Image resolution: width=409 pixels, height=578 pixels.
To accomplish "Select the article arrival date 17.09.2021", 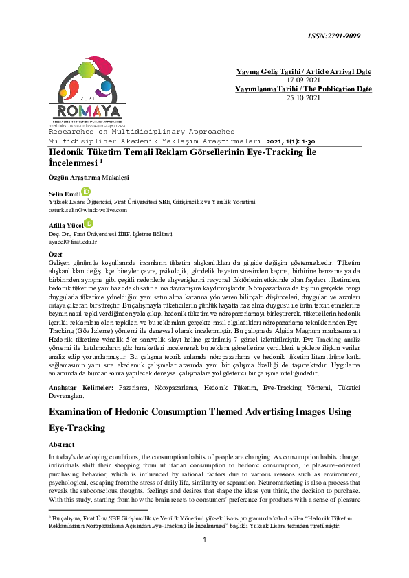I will [x=304, y=80].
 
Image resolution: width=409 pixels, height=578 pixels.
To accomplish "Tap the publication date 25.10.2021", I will [x=303, y=97].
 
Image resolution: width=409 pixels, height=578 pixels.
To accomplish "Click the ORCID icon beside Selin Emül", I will [x=87, y=192].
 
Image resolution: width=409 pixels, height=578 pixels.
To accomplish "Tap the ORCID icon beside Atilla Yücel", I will [x=89, y=223].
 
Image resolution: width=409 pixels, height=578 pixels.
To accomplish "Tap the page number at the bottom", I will [x=205, y=559].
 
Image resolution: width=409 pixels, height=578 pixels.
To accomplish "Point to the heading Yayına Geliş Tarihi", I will [x=264, y=71].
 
